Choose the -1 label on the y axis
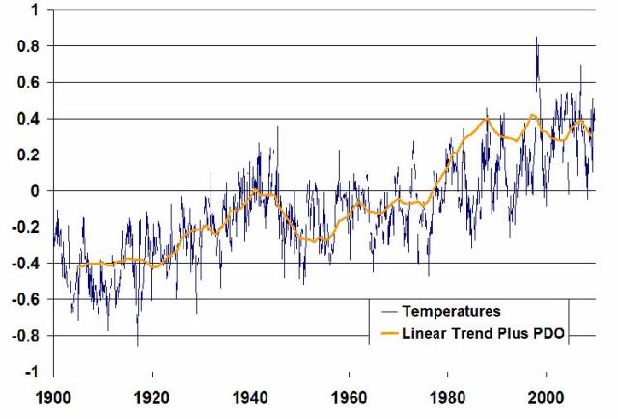[x=31, y=373]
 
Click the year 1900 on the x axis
[x=52, y=396]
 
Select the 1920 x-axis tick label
[x=151, y=396]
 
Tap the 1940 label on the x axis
[x=250, y=396]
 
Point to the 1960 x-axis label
[x=349, y=396]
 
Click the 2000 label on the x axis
[x=547, y=396]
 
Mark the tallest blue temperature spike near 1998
[x=536, y=40]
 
